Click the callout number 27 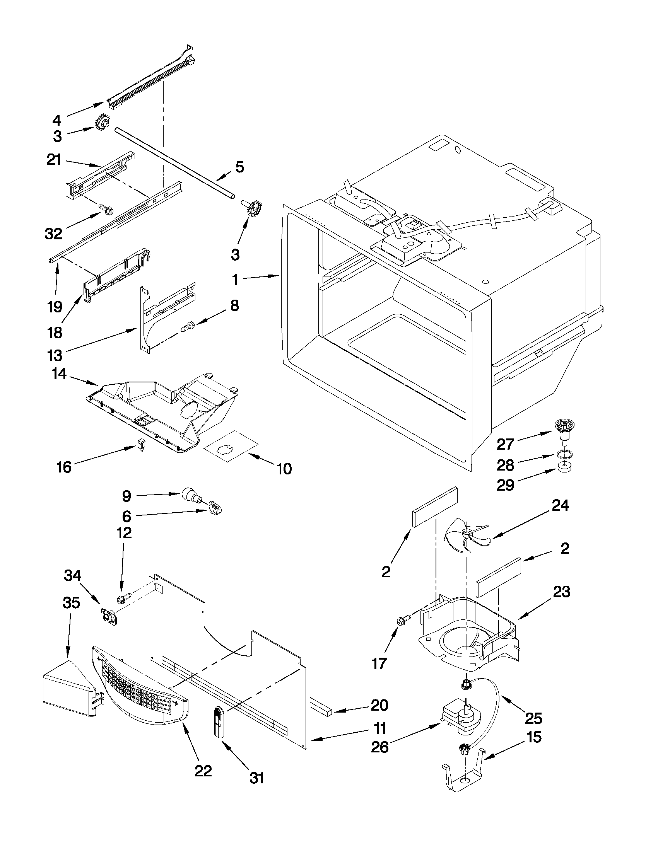[505, 444]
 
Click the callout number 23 [561, 591]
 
